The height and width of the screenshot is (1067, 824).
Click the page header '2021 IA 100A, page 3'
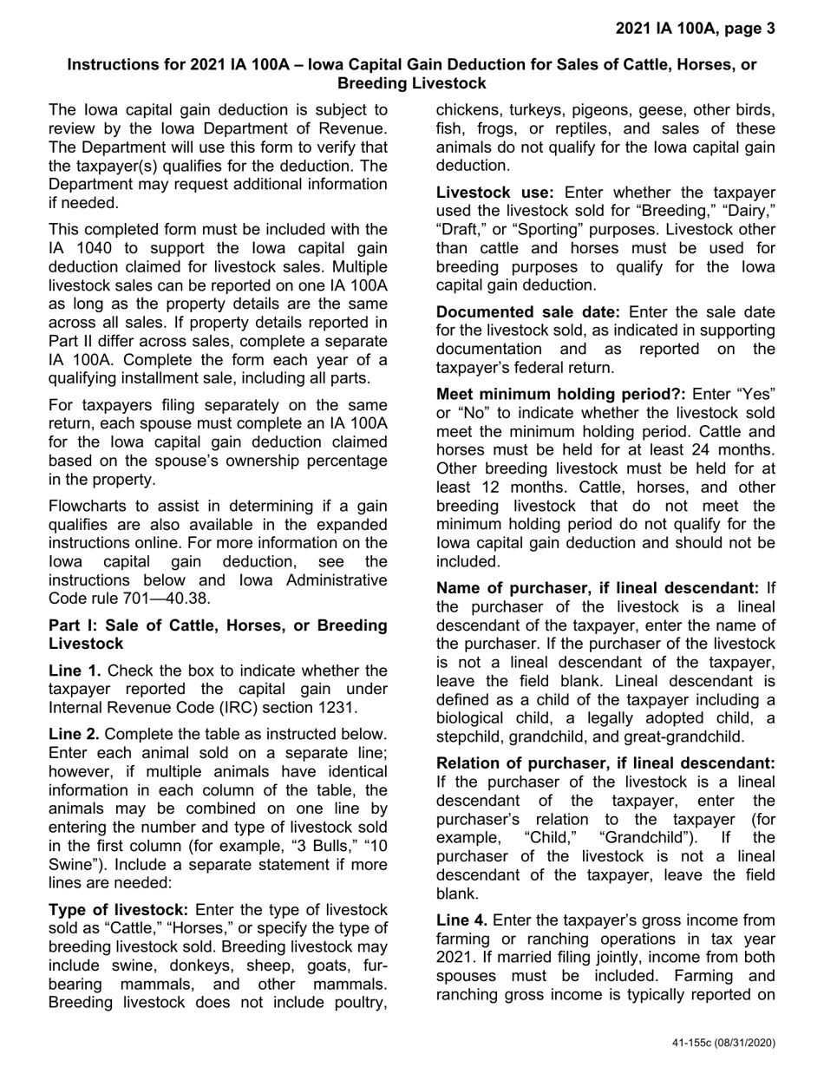pos(695,29)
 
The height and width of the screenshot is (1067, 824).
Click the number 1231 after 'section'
pos(335,707)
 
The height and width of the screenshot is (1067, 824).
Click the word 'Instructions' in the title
pos(113,65)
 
